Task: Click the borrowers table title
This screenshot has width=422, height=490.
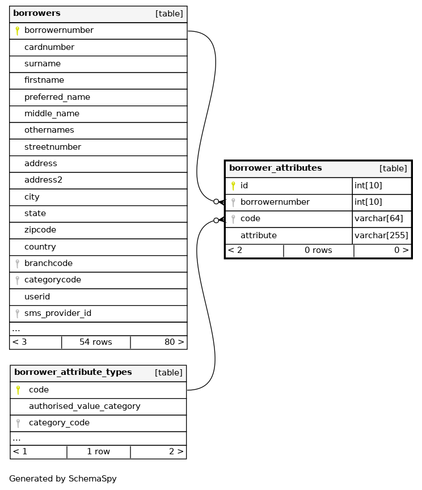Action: [x=37, y=13]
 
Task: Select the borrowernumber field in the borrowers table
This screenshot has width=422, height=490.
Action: [x=59, y=30]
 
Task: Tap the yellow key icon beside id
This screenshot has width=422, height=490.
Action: [x=233, y=185]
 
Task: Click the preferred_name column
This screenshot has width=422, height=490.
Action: [x=57, y=97]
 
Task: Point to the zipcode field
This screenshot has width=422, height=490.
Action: [x=40, y=230]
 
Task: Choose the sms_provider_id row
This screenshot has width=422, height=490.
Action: [x=57, y=313]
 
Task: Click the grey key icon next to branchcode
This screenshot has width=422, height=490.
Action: [x=18, y=263]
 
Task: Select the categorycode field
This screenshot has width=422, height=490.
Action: [x=52, y=280]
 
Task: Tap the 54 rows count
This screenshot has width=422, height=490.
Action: [x=95, y=342]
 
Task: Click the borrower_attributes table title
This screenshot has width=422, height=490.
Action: [x=275, y=168]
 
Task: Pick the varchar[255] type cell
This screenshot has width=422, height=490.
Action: [x=381, y=235]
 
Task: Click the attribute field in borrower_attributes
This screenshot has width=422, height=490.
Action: [x=259, y=235]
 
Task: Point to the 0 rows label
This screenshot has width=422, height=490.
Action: [x=318, y=250]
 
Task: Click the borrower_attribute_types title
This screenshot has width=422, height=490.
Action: [x=73, y=372]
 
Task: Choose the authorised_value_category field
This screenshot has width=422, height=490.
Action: [x=85, y=406]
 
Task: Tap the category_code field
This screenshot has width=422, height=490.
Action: [x=59, y=423]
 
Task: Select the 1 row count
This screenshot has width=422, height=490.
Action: [x=98, y=451]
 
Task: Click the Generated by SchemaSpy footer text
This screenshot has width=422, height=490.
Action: [x=63, y=479]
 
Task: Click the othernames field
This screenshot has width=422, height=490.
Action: [x=49, y=130]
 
